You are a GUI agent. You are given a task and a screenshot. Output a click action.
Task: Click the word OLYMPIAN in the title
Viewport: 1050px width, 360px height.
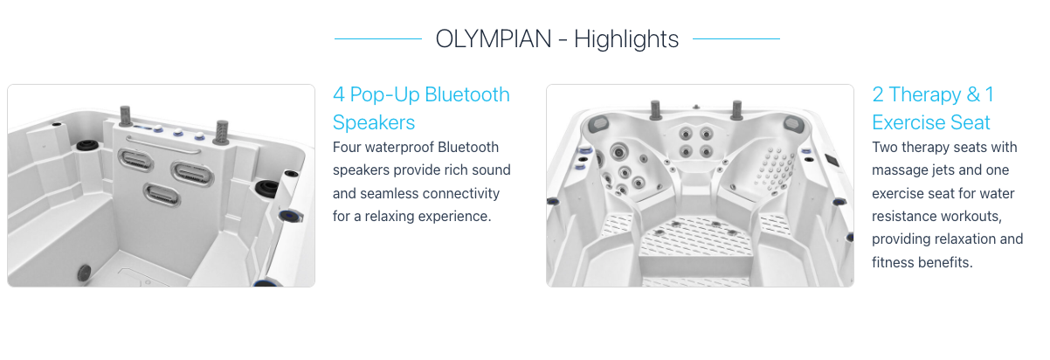[x=494, y=39]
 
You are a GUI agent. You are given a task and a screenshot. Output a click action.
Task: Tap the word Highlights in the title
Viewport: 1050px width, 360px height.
[x=626, y=39]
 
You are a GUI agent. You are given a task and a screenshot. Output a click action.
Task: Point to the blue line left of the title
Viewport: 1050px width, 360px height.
[x=378, y=39]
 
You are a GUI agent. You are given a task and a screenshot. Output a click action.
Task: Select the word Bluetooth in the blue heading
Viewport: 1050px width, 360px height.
[x=467, y=94]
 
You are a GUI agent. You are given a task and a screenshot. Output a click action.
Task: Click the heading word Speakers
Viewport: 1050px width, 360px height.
[x=374, y=123]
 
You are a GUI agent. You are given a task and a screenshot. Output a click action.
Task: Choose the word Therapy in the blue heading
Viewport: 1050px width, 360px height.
[x=925, y=95]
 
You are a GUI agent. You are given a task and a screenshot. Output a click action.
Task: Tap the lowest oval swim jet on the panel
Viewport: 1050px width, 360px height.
[x=162, y=195]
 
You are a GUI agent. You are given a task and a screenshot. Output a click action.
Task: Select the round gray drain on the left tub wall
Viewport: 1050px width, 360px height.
[x=85, y=273]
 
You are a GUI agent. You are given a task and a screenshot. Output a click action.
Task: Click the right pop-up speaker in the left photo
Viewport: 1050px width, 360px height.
[x=222, y=132]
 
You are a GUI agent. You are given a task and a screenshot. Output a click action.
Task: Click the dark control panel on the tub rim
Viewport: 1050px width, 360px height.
[x=832, y=160]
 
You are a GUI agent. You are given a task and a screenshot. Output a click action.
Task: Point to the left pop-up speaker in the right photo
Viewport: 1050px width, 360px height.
[x=655, y=110]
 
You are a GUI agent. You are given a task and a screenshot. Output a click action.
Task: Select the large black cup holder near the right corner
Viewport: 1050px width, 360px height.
[x=267, y=189]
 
